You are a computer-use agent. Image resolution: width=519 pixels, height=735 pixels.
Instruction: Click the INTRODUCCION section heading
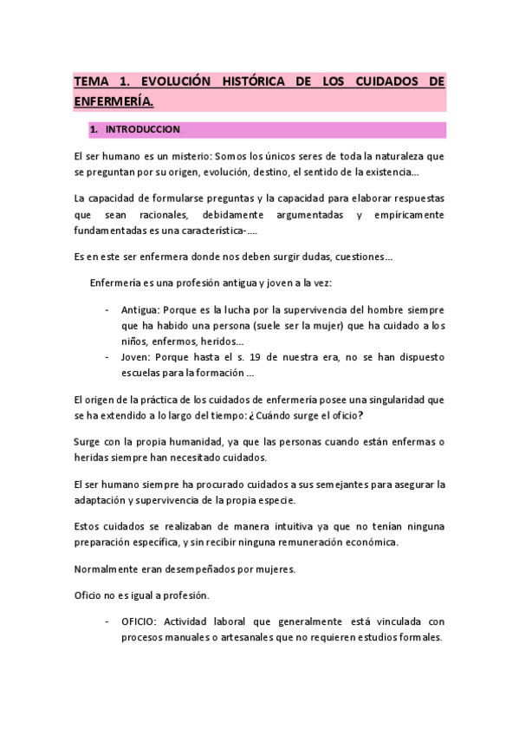(141, 130)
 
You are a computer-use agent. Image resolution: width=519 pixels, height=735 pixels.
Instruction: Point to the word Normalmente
(112, 569)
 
